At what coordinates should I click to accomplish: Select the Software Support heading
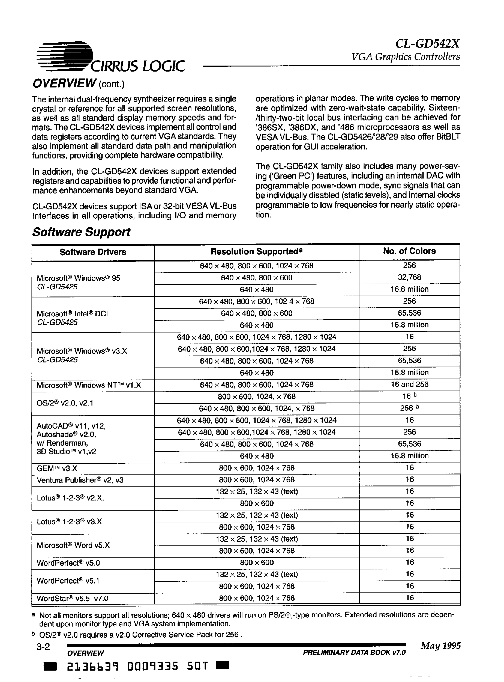coord(81,232)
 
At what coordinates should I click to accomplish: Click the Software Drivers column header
coord(93,252)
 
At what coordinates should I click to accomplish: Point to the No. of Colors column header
coord(409,251)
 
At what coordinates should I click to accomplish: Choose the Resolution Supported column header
coord(256,252)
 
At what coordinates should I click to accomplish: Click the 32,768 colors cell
coord(409,277)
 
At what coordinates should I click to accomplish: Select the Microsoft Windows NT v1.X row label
coord(89,385)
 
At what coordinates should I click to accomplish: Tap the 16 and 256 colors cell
coord(409,384)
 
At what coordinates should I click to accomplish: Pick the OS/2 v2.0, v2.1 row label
coord(65,403)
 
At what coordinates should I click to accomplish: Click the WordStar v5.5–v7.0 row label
coord(72,598)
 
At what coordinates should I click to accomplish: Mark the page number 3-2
coord(43,646)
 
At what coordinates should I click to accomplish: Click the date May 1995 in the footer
coord(440,646)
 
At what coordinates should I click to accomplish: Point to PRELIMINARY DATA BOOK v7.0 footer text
coord(354,652)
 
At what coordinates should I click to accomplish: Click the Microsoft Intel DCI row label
coord(72,314)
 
